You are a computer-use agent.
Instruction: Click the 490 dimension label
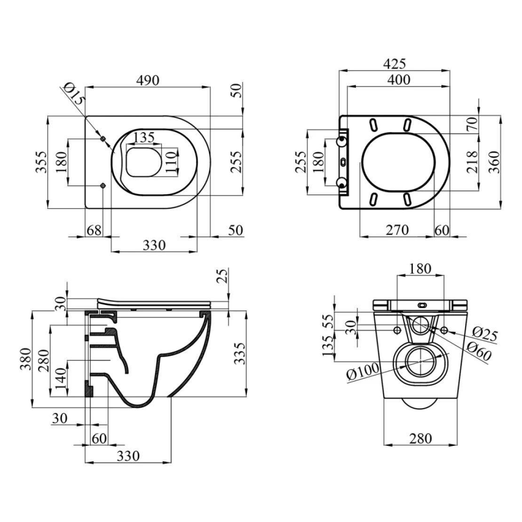pos(148,80)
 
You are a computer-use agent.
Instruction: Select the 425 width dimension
pos(395,63)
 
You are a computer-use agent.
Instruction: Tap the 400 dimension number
pos(399,79)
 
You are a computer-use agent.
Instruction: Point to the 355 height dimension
pos(41,162)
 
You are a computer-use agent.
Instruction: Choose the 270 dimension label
pos(397,229)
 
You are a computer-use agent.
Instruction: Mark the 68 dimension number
pos(94,230)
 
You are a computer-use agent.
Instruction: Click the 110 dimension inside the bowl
pos(170,162)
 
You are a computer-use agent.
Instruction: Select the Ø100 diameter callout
pos(363,371)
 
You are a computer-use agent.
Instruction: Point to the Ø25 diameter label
pos(485,334)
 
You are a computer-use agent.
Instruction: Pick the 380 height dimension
pos(25,359)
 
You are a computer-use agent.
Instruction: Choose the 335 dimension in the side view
pos(239,354)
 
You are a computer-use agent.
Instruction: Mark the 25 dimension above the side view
pos(223,276)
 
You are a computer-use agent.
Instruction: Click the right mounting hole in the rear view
pos(444,330)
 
